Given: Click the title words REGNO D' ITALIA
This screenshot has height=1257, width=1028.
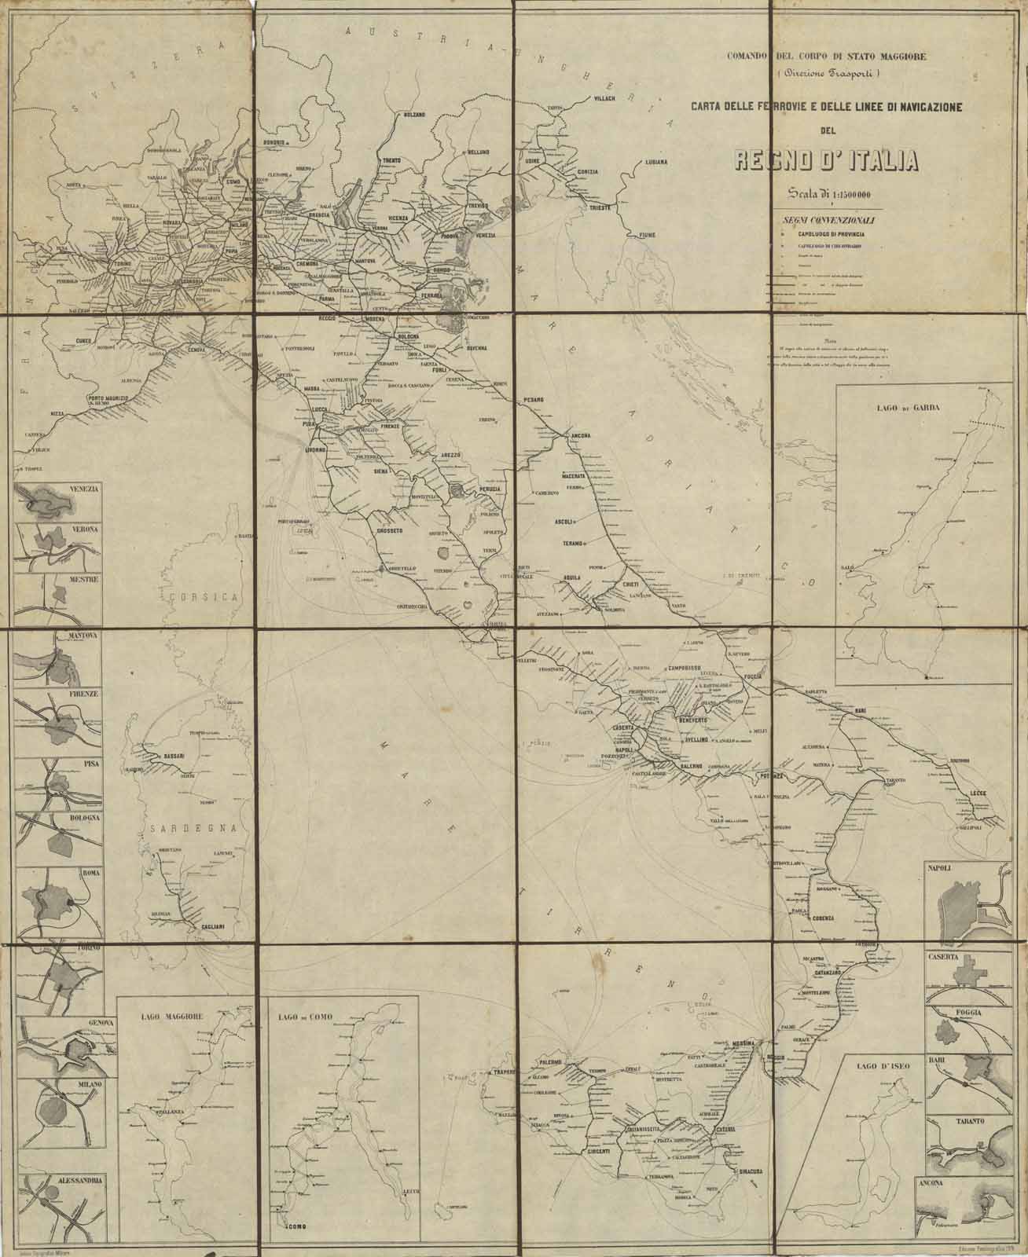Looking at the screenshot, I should pos(826,160).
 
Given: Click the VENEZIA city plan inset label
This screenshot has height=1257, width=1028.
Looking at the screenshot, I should pos(83,489).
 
